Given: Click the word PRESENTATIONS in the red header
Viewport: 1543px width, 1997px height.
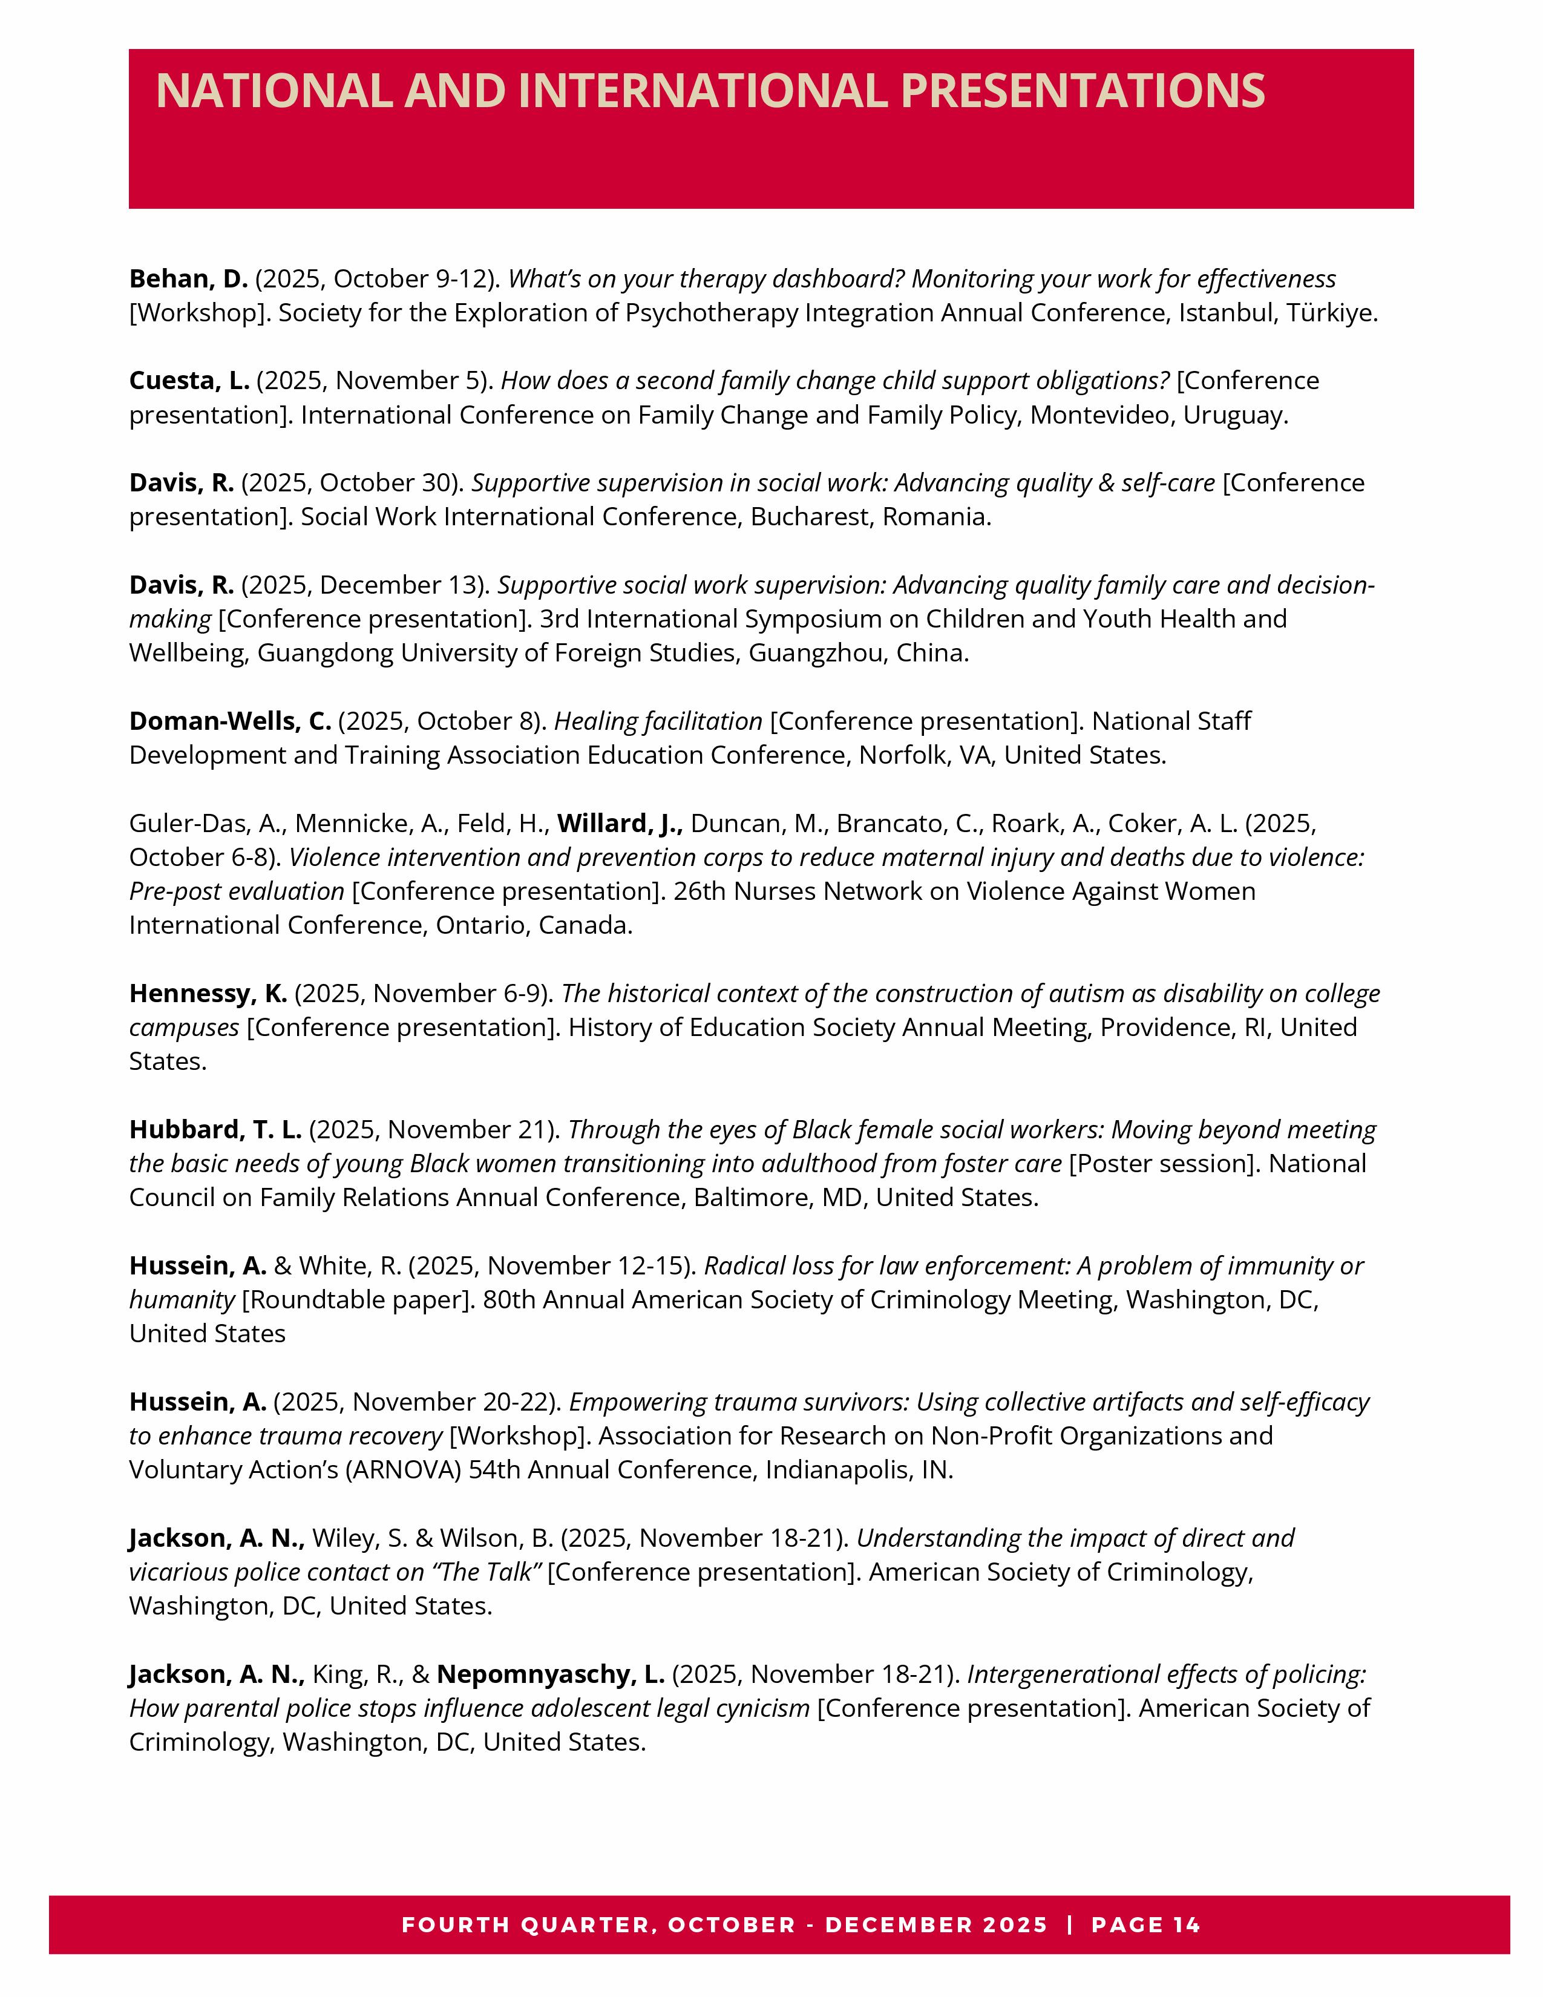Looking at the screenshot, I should [x=1083, y=91].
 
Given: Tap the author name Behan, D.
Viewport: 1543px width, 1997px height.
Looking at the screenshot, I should [x=188, y=279].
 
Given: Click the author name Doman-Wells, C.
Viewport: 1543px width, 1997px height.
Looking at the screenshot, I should [x=229, y=721].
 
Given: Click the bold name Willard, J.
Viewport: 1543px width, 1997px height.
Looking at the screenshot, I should [x=620, y=824].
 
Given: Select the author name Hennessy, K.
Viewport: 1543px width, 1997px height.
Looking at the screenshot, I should [x=208, y=994].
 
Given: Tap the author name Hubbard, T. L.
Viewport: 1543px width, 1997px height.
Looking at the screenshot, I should [x=215, y=1130].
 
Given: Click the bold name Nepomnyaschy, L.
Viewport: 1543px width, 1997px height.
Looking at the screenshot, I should [x=550, y=1674].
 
